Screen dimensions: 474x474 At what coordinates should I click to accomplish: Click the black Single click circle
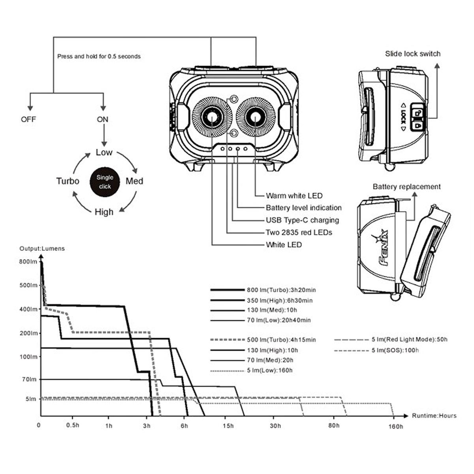pos(105,182)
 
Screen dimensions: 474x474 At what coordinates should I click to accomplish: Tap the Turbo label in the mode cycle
pos(68,181)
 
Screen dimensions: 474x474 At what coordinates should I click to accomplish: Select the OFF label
pos(28,119)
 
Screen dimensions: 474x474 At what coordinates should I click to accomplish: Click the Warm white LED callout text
pos(294,196)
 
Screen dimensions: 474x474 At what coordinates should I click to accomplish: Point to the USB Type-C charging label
pos(302,220)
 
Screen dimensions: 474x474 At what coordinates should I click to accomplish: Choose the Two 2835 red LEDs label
pos(299,232)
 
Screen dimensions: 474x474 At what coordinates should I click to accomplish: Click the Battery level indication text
pos(303,208)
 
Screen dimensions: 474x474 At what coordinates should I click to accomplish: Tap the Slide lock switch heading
pos(412,54)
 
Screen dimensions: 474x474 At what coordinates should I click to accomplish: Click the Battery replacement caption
pos(406,186)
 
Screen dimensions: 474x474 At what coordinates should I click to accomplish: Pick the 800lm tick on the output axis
pos(28,261)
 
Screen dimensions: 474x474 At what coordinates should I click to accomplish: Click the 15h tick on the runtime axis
pos(228,426)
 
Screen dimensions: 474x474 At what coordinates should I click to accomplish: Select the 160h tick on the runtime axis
pos(396,426)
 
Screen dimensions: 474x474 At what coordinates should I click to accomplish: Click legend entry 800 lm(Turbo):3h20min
pos(281,290)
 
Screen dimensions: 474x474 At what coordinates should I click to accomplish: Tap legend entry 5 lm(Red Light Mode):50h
pos(409,340)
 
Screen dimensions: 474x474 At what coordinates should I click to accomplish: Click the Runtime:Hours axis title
pos(434,416)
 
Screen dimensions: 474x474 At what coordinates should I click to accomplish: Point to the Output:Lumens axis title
pos(42,248)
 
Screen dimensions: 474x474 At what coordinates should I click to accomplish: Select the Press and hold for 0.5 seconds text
pos(99,56)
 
